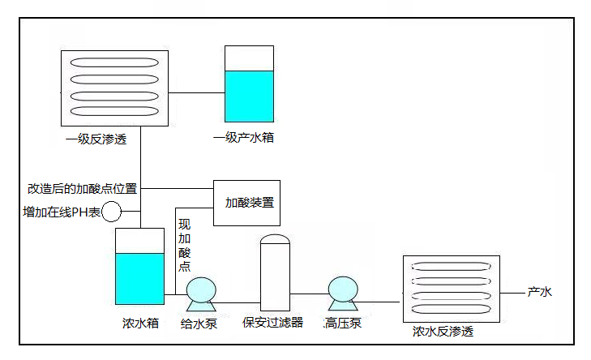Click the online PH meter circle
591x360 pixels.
click(110, 212)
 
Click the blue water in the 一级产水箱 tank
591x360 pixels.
click(249, 96)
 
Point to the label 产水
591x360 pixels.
click(540, 292)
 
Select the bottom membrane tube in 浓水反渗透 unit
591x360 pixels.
click(451, 308)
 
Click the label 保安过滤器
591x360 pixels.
click(273, 323)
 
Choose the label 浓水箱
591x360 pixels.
click(140, 324)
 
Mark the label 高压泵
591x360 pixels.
click(342, 324)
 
